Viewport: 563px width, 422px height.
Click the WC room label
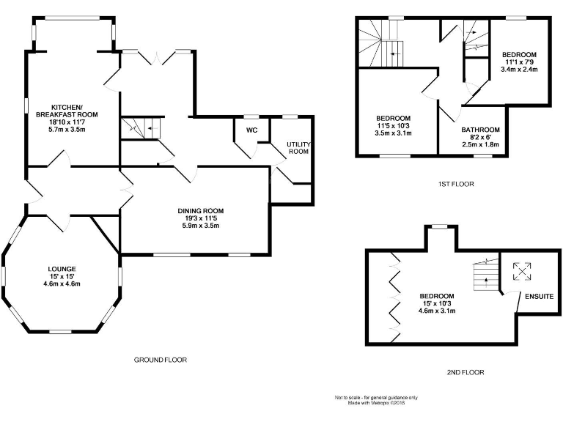(252, 131)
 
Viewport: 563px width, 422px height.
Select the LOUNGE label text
(62, 269)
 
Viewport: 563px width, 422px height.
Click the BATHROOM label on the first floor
(480, 130)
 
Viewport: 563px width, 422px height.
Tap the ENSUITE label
(538, 295)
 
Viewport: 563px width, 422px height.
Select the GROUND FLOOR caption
(161, 360)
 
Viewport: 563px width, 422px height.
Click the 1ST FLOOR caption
(454, 185)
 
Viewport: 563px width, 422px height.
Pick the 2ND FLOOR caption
(466, 372)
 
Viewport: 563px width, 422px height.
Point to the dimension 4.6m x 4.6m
(62, 284)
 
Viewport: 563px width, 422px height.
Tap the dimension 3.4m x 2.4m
(519, 70)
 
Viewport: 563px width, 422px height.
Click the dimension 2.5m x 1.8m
(480, 145)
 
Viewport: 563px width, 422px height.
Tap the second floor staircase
(484, 275)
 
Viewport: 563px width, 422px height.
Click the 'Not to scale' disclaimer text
(376, 398)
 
